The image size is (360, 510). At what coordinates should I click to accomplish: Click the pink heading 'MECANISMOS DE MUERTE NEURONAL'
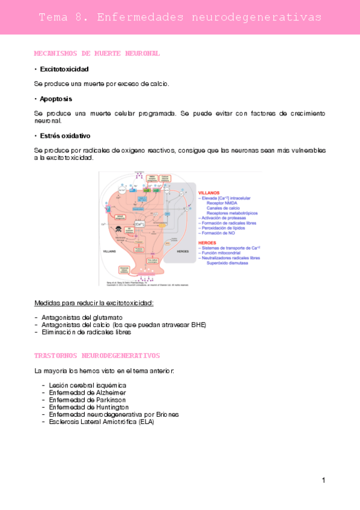(97, 54)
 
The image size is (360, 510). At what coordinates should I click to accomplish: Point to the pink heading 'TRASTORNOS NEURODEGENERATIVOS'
(97, 355)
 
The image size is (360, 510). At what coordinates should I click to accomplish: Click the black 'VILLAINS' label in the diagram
(110, 251)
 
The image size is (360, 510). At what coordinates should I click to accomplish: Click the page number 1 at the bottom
(323, 480)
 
